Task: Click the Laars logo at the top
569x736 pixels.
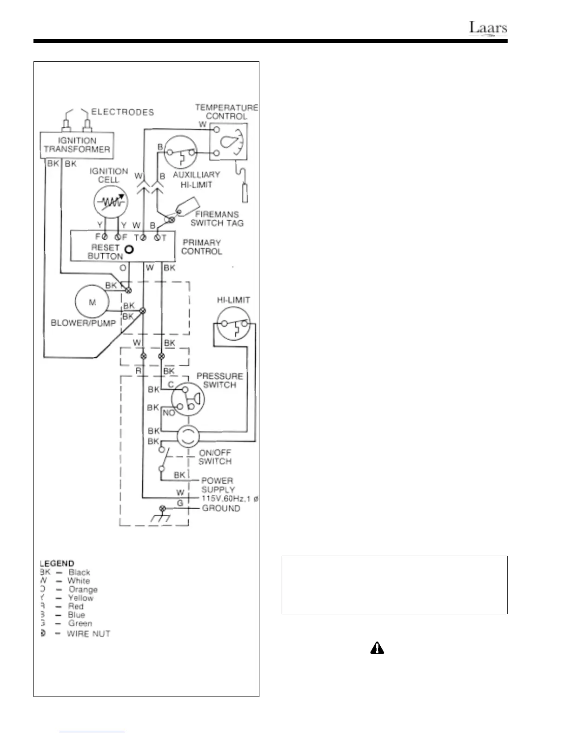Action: [488, 28]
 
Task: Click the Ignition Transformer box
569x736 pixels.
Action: [77, 145]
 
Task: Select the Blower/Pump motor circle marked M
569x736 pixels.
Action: [92, 302]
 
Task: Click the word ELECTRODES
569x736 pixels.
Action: [122, 112]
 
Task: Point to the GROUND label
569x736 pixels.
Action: [221, 508]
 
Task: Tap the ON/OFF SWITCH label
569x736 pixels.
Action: [215, 457]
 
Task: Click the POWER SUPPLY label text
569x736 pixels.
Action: [218, 485]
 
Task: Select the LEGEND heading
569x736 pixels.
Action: [57, 564]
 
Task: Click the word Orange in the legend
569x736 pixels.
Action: [83, 589]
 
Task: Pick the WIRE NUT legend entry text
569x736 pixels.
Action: [88, 634]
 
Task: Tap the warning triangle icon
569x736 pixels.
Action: [377, 649]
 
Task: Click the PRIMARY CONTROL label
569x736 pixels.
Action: [201, 247]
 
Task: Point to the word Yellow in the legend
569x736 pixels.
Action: [80, 598]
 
